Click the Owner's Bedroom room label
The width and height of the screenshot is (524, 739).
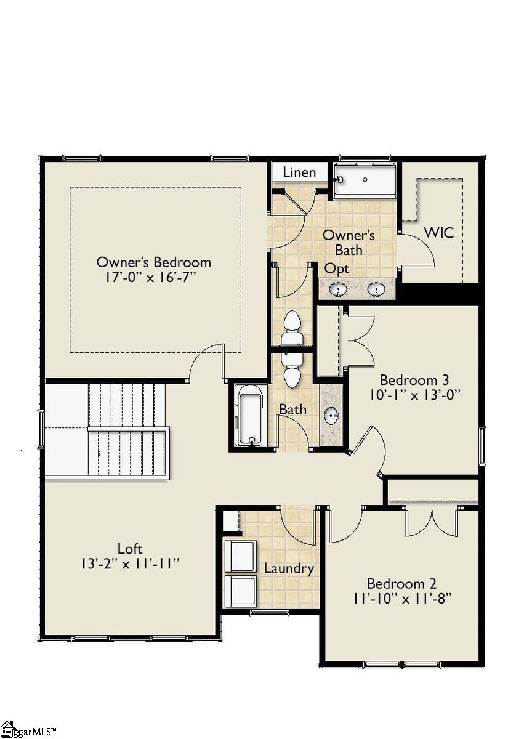point(153,262)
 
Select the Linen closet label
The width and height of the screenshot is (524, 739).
point(299,172)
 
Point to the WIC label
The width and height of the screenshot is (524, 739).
point(438,233)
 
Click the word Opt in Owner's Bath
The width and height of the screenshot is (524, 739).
point(337,269)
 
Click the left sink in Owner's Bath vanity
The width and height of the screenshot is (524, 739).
point(337,289)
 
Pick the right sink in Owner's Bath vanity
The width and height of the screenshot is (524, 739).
point(376,289)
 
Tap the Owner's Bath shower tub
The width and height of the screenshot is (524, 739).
point(365,179)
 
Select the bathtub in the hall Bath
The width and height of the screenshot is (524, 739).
point(251,415)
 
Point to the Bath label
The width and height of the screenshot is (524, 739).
point(293,409)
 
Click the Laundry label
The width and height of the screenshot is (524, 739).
point(289,568)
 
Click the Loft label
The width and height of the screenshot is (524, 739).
point(130,548)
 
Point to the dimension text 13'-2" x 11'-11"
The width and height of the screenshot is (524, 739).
point(130,563)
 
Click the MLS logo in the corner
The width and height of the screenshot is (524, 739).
point(28,730)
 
